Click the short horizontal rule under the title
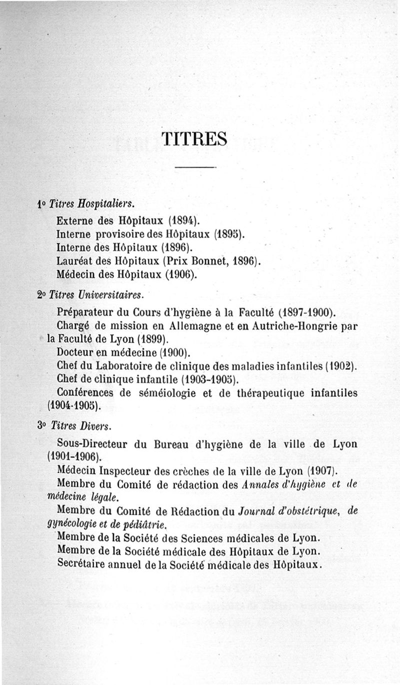pyautogui.click(x=195, y=167)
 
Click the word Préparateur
pyautogui.click(x=86, y=313)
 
